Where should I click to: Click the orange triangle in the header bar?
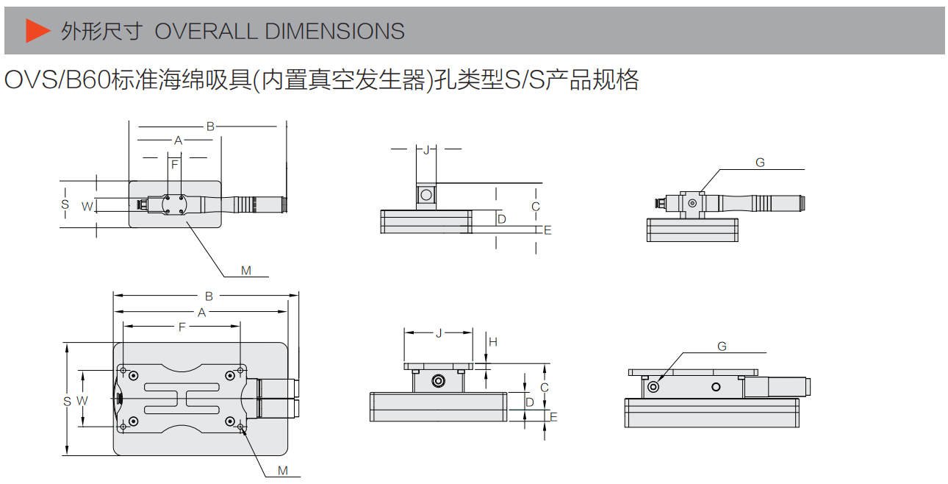[x=37, y=30]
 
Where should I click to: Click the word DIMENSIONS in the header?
[x=334, y=31]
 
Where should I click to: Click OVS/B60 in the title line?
[x=56, y=79]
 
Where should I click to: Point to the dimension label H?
[x=493, y=341]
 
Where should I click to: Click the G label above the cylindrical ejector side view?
[x=760, y=163]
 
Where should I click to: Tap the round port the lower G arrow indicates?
[x=654, y=386]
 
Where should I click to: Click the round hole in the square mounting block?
[x=425, y=195]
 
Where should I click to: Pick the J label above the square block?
[x=426, y=149]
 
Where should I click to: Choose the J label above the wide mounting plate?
[x=439, y=333]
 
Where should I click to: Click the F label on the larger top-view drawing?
[x=182, y=327]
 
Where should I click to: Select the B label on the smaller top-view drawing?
[x=210, y=127]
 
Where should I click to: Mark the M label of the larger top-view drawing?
[x=283, y=471]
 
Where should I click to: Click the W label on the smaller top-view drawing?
[x=87, y=206]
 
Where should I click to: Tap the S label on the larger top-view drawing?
[x=67, y=401]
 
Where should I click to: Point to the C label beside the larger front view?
[x=544, y=387]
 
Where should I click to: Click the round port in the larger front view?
[x=439, y=381]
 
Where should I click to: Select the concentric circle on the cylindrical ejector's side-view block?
[x=692, y=203]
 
